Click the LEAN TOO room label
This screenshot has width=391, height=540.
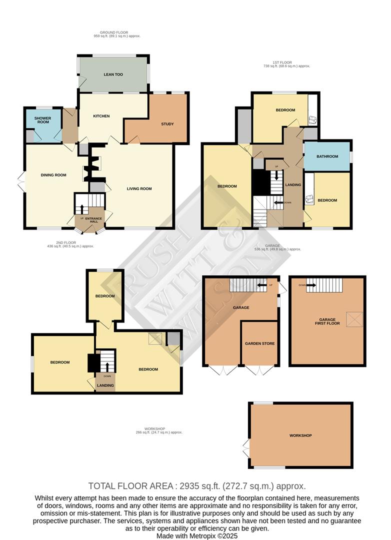point(113,74)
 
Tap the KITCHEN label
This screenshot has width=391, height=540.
point(101,116)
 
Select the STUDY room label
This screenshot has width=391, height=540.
point(167,124)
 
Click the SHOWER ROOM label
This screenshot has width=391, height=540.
point(43,120)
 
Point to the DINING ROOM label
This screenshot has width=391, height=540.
point(53,175)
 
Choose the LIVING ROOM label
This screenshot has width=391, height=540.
point(139,188)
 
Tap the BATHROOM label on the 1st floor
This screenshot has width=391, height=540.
point(327,156)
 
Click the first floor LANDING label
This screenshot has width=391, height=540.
point(293,185)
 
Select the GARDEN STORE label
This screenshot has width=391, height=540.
point(259,343)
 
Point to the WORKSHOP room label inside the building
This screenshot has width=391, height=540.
point(300,435)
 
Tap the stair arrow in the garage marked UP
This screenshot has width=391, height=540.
point(261,285)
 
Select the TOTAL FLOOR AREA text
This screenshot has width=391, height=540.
point(197,486)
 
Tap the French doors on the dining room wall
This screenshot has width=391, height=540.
point(21,181)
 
